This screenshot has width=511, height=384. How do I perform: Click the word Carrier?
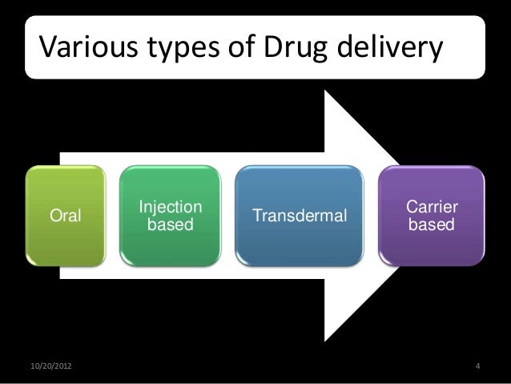[x=433, y=207]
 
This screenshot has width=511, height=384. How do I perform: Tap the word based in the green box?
[x=170, y=225]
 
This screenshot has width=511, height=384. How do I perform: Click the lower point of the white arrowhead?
[x=324, y=340]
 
